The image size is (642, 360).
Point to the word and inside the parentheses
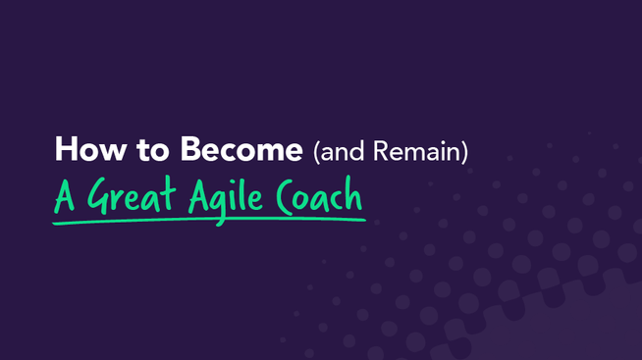[x=339, y=152]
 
